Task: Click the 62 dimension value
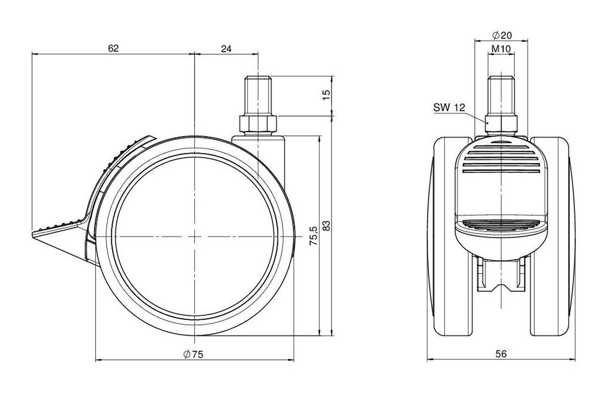[113, 48]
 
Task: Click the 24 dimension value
[226, 49]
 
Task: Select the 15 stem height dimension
[326, 95]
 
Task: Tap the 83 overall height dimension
[326, 226]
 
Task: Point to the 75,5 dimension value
[314, 236]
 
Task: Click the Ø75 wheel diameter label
[193, 354]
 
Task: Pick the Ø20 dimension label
[502, 35]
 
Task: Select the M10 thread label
[501, 49]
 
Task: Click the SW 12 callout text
[449, 108]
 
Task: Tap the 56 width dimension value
[501, 354]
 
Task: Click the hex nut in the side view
[258, 123]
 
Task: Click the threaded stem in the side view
[258, 96]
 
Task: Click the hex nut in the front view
[501, 123]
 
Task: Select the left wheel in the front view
[449, 236]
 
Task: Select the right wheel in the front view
[553, 236]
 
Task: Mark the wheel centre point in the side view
[195, 236]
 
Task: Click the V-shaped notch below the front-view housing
[501, 288]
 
